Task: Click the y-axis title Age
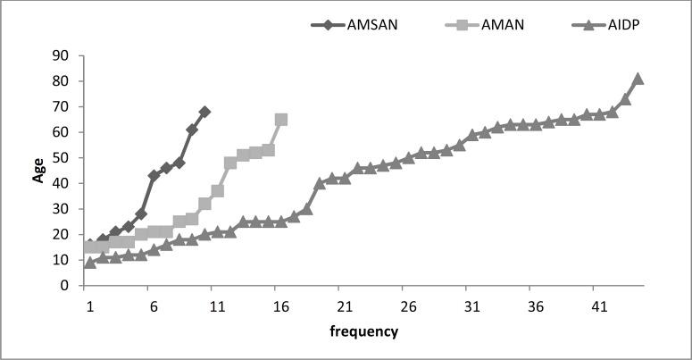coord(38,170)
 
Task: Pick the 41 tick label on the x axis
coord(599,306)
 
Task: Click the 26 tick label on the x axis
coord(408,306)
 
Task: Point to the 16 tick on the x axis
coord(281,306)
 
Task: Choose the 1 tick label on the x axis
coord(90,306)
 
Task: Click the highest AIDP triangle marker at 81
coord(638,79)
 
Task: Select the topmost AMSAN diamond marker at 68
coord(204,112)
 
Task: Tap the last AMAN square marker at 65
coord(281,120)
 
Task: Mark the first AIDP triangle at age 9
coord(90,263)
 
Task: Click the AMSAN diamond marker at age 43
coord(154,176)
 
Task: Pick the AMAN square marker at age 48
coord(230,163)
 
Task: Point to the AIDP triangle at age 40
coord(320,184)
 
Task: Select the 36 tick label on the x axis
coord(536,306)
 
